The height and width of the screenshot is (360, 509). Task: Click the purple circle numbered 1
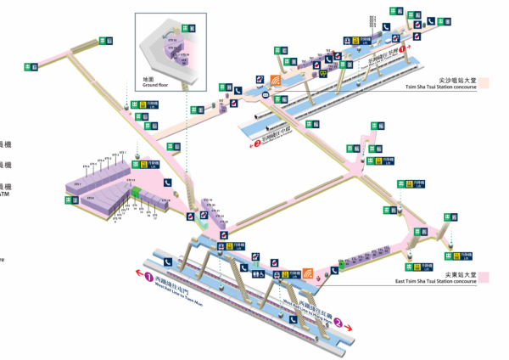148,277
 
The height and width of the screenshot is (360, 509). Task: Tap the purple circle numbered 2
338,322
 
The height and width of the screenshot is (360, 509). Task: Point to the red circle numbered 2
256,144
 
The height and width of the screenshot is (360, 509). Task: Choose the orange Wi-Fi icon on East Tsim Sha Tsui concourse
309,273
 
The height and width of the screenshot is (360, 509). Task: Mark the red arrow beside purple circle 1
136,274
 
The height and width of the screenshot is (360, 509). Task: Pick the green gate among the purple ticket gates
136,195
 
